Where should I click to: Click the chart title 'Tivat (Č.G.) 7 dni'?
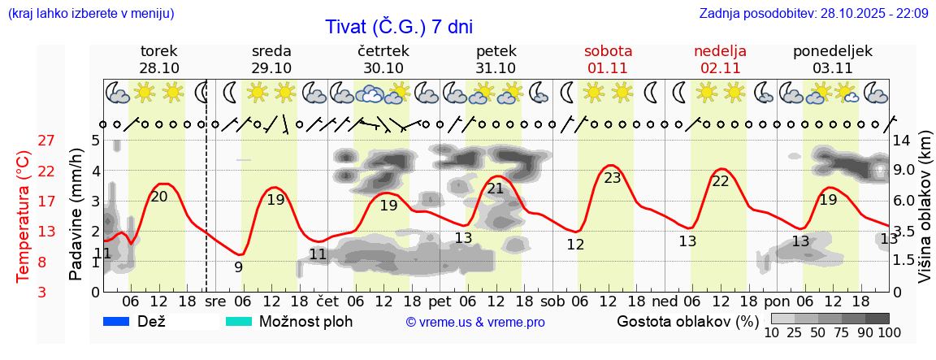click(x=398, y=26)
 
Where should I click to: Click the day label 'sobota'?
click(x=608, y=50)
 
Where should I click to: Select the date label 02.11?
click(x=720, y=68)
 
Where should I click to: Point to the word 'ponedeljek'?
click(x=833, y=50)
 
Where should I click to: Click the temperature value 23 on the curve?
click(x=612, y=178)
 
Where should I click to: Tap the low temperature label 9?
click(x=238, y=267)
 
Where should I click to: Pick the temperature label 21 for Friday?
click(x=496, y=189)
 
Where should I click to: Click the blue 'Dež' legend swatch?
click(x=117, y=322)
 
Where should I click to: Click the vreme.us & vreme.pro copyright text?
click(x=475, y=323)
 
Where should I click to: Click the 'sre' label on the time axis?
click(x=215, y=301)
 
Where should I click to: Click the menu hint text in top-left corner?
click(x=90, y=13)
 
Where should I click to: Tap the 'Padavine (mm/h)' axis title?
click(x=76, y=215)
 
